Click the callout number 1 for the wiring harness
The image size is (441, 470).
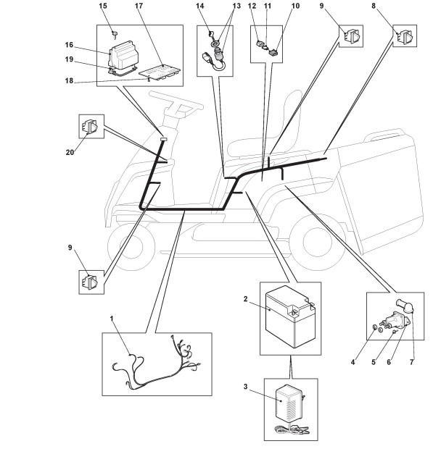click(x=112, y=319)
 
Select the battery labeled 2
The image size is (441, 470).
click(x=290, y=316)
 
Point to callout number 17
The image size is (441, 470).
click(x=139, y=6)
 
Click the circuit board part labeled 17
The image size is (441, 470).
click(x=160, y=72)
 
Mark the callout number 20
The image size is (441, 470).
click(x=70, y=153)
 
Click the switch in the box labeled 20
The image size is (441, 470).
click(x=89, y=127)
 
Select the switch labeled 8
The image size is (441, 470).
click(x=405, y=36)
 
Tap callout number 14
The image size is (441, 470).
click(x=200, y=6)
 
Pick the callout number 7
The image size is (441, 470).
click(x=412, y=362)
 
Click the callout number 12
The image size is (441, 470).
click(x=252, y=6)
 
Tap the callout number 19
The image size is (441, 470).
click(x=69, y=59)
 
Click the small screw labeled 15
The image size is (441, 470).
click(x=115, y=33)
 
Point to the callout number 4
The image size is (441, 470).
click(x=353, y=362)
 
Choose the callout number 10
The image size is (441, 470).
click(x=296, y=6)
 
